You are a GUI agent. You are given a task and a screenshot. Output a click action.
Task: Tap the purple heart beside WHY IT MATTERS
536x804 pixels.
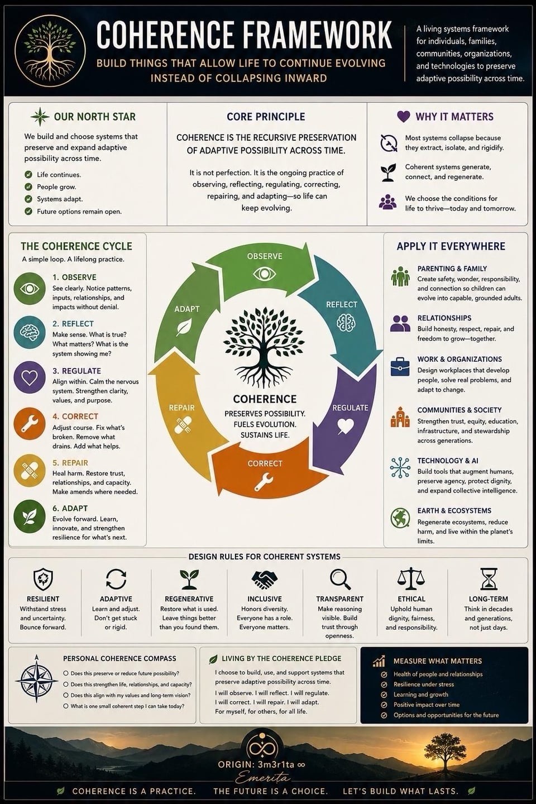pos(404,116)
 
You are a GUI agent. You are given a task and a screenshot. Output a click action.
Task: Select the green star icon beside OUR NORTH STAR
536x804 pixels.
pos(40,117)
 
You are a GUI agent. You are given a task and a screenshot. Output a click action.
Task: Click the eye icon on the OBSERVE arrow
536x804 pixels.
pos(265,274)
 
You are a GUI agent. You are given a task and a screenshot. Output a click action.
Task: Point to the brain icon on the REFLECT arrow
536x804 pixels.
pos(346,322)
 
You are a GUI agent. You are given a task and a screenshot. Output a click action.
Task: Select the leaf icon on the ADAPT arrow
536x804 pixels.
pos(184,328)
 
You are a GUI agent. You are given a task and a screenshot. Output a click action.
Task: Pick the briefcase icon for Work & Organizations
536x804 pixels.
pos(400,366)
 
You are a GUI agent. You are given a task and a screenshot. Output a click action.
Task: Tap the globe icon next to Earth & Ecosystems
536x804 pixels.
pos(400,518)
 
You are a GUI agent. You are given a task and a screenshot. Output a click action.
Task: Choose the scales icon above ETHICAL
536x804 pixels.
pos(411,579)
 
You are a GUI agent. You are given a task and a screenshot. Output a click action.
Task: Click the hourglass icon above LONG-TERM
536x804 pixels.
pos(489,579)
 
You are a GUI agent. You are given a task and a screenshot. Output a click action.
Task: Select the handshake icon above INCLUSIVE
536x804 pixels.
pos(264,580)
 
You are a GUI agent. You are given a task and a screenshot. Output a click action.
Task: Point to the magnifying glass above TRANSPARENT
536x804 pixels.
pos(340,580)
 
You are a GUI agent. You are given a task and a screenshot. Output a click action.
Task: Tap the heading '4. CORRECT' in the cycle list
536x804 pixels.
pos(75,417)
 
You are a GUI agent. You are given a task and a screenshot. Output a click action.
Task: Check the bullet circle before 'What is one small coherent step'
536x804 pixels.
pos(66,706)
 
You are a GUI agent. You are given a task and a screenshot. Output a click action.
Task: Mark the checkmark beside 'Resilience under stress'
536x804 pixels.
pos(384,685)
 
